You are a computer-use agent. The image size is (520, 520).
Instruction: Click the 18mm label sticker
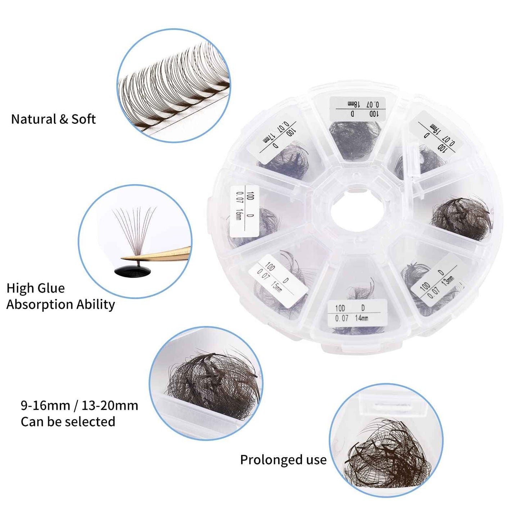tap(358, 108)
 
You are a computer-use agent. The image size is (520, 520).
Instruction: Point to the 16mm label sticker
tap(244, 211)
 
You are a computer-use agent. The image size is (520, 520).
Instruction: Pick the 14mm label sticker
tap(357, 313)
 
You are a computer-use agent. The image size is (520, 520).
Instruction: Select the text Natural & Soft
tap(53, 119)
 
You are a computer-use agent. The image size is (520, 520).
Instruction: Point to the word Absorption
tap(40, 304)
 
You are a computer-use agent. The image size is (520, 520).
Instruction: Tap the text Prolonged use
tap(283, 460)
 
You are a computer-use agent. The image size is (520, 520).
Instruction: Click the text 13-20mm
tap(110, 406)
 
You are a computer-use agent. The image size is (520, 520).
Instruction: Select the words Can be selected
tap(68, 422)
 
